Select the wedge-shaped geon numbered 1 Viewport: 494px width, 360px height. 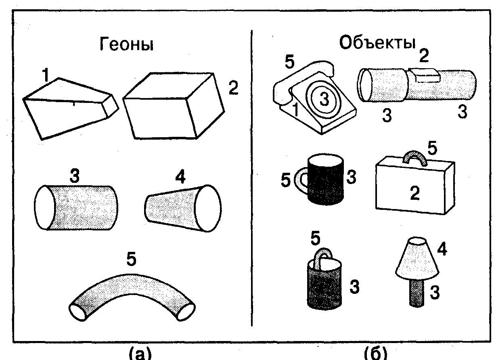point(69,107)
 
